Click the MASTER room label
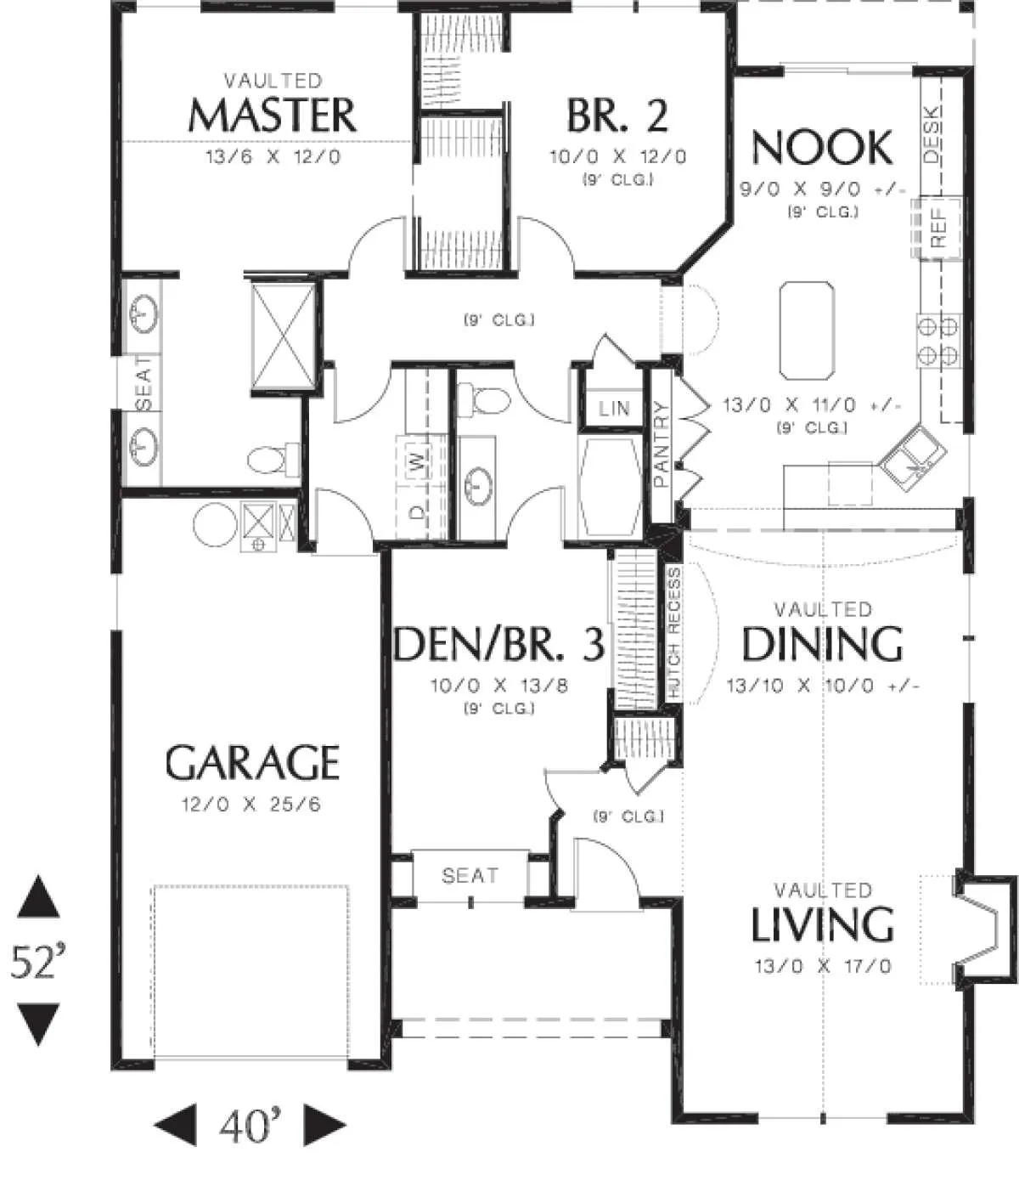pos(272,116)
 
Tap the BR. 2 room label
pos(617,116)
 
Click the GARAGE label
pos(252,762)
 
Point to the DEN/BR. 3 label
pos(498,643)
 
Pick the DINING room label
pos(823,643)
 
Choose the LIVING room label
pos(823,924)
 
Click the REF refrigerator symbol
pos(937,227)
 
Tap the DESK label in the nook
pos(932,134)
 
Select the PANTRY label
pos(662,444)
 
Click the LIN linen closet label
pos(614,409)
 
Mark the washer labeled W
pos(419,460)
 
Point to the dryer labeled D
pos(419,511)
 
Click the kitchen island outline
pos(807,330)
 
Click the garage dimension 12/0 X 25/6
pos(251,804)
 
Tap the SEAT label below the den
pos(470,875)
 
